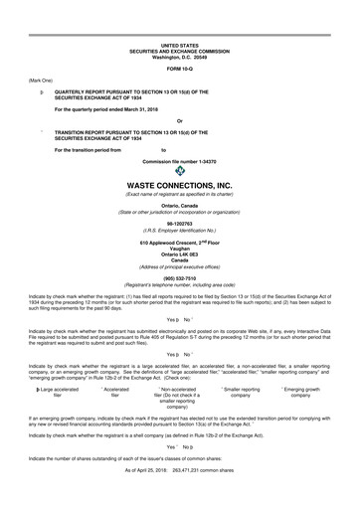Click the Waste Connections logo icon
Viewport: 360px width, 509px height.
click(179, 170)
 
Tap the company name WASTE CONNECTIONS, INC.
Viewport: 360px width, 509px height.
click(179, 186)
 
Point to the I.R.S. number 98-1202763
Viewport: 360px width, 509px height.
click(179, 224)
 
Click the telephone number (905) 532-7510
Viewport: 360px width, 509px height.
click(179, 279)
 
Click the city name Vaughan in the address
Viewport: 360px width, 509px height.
click(179, 249)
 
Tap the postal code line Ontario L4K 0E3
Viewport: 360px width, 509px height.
click(179, 254)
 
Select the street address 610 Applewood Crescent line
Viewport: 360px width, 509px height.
click(179, 243)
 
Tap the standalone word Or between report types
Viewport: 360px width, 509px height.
click(179, 121)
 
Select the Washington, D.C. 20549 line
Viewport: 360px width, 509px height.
click(179, 56)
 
